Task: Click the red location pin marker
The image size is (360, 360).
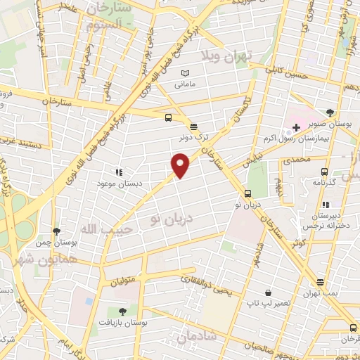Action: pos(181,165)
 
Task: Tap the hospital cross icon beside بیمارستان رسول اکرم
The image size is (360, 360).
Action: pos(296,128)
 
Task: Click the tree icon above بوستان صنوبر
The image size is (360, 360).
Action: pos(330,112)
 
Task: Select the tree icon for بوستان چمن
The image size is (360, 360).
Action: pos(57,231)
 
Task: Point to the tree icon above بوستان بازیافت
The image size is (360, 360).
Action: pos(122,310)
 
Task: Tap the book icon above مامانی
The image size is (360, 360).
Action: pos(186,74)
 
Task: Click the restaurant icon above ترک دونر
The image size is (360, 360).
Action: pos(194,126)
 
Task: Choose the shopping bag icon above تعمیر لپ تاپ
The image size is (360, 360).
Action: pos(268,292)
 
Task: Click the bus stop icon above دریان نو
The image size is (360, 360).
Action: pos(247,194)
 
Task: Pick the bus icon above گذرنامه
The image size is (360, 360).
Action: pos(325,170)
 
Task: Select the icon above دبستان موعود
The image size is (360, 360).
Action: pos(118,172)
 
